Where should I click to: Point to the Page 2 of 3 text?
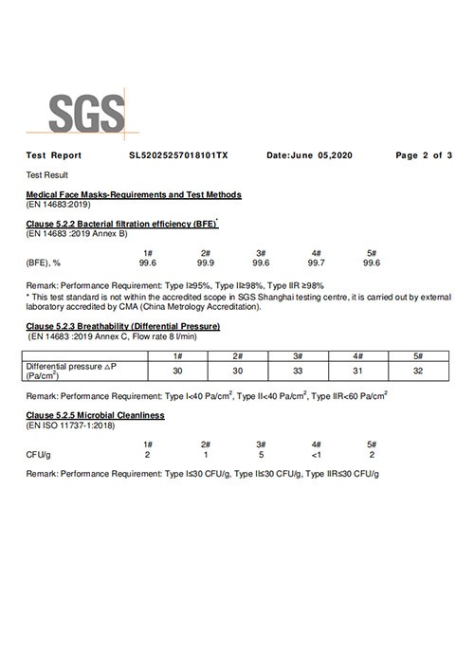(x=424, y=154)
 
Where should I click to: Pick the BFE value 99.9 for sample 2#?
(x=205, y=263)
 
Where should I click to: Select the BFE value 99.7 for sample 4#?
(x=316, y=263)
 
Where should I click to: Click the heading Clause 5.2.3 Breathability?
(x=123, y=326)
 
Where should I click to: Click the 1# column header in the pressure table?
(x=177, y=354)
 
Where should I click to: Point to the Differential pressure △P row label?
(x=71, y=371)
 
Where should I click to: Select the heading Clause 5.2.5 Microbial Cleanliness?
(x=96, y=415)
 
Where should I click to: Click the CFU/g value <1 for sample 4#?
(x=316, y=455)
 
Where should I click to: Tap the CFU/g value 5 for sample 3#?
(x=260, y=455)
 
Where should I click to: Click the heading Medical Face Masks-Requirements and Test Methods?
(x=134, y=194)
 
